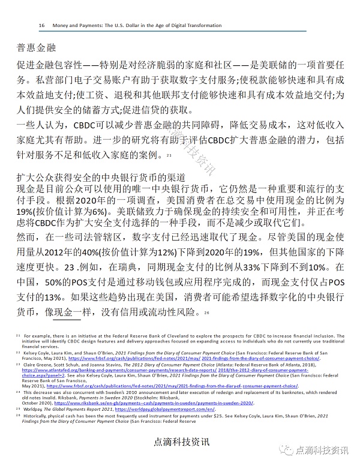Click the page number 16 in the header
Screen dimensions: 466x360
[x=41, y=26]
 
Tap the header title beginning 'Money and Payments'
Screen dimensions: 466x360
[x=137, y=26]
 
